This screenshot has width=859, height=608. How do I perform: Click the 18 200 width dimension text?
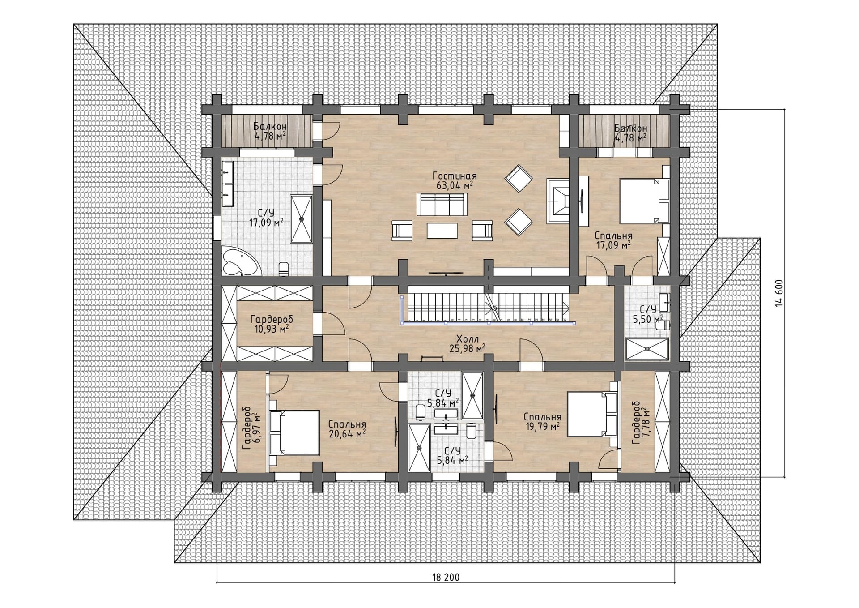pyautogui.click(x=446, y=577)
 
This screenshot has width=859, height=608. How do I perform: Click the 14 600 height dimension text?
pyautogui.click(x=779, y=293)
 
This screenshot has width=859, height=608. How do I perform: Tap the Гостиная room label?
pyautogui.click(x=455, y=176)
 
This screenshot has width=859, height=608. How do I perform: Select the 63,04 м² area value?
pyautogui.click(x=455, y=185)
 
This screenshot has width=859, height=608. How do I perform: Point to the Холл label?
pyautogui.click(x=468, y=339)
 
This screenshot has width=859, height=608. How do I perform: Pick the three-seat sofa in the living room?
pyautogui.click(x=442, y=205)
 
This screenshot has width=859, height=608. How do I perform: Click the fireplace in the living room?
pyautogui.click(x=558, y=201)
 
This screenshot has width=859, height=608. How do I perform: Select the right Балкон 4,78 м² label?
pyautogui.click(x=630, y=133)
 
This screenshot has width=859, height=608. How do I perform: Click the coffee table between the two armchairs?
pyautogui.click(x=442, y=231)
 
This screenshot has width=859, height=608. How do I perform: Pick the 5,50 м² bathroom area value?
pyautogui.click(x=648, y=319)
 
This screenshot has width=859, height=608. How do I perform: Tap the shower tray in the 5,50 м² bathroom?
pyautogui.click(x=647, y=349)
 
